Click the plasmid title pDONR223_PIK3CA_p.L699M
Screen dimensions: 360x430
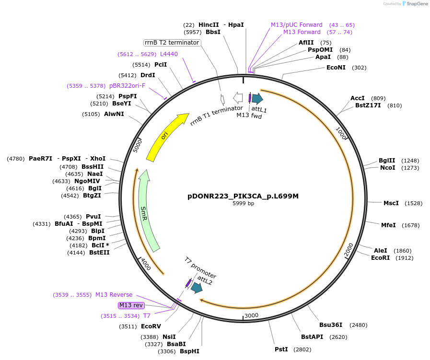coord(243,196)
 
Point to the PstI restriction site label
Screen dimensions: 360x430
coord(281,349)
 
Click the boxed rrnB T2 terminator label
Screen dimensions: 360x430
coord(172,43)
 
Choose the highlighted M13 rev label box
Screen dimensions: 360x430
coord(131,305)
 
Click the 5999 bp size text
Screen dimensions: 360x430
coord(243,204)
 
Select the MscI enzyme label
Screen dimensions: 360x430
coord(391,203)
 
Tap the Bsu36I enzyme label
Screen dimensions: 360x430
coord(331,325)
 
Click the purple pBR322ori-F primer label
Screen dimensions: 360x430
coord(127,86)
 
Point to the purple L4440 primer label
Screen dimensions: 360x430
coord(169,54)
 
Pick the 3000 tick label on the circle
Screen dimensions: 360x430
coord(252,315)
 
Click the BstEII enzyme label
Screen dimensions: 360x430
coord(99,253)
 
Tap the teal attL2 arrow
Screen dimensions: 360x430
coord(197,288)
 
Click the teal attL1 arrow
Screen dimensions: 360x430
coord(257,99)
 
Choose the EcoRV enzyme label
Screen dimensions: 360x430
coord(151,326)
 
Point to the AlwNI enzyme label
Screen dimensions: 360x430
coord(114,114)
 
